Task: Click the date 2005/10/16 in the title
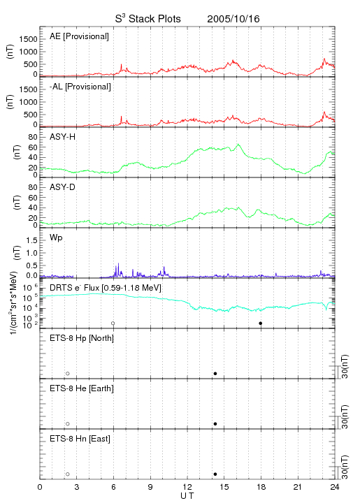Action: pos(233,19)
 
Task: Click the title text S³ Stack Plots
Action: pos(148,19)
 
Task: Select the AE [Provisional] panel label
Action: pos(79,36)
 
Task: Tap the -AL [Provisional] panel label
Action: pos(80,87)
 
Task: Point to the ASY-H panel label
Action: pos(63,137)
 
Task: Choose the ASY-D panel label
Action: pos(63,187)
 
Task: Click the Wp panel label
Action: pos(56,238)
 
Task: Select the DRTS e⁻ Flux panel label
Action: pos(106,288)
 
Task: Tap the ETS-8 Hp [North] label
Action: pos(82,338)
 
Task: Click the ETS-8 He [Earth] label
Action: pos(82,389)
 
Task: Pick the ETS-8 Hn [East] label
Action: pos(80,439)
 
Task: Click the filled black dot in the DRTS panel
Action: pos(261,323)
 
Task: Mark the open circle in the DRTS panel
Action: pos(113,323)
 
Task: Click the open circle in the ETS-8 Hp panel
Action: pos(68,374)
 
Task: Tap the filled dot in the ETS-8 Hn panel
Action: pos(215,474)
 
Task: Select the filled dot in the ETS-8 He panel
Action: pos(215,424)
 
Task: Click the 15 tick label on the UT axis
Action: pos(224,487)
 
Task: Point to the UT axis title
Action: pos(187,496)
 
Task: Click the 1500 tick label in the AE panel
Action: pos(28,39)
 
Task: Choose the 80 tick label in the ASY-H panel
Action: pos(33,138)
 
